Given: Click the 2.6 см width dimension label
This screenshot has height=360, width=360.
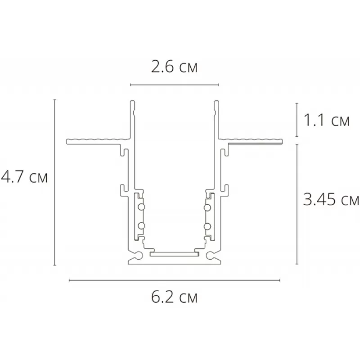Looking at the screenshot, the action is click(174, 67).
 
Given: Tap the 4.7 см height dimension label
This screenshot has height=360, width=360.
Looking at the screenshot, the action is click(24, 177).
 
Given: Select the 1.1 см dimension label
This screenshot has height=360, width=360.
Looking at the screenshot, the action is click(327, 120).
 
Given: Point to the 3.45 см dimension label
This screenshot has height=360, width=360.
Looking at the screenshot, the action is click(331, 199).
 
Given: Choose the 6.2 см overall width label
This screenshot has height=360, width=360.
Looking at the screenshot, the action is click(174, 297).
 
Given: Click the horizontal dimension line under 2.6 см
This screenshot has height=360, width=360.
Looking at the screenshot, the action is click(175, 85).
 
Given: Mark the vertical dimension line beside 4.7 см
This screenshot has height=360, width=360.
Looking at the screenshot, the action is click(54, 183).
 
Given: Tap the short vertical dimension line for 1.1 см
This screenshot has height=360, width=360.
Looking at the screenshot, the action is click(297, 120).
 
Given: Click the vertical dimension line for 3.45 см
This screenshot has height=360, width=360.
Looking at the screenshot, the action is click(297, 204).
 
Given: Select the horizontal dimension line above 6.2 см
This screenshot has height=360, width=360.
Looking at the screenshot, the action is click(175, 280).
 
